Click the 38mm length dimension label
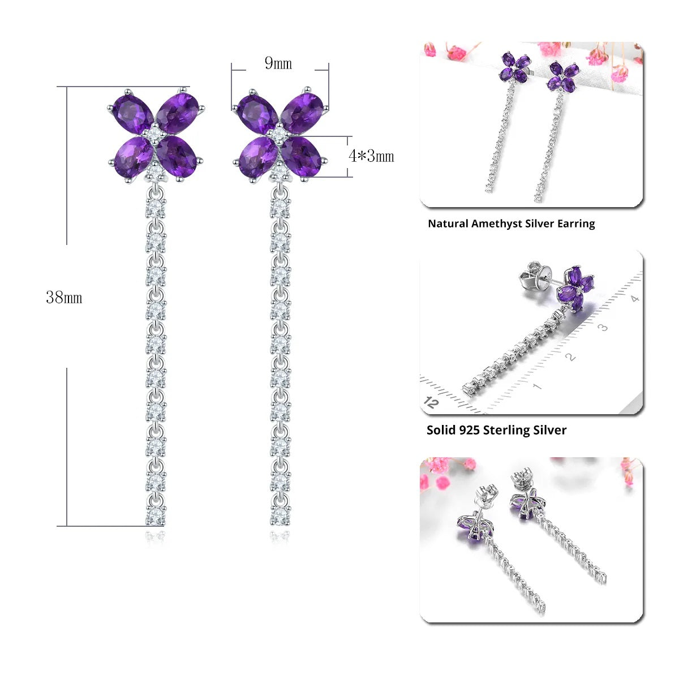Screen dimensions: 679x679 click(64, 298)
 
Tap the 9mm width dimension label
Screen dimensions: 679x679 click(278, 63)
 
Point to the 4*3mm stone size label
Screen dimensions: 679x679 click(371, 156)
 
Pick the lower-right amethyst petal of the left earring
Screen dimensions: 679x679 click(176, 156)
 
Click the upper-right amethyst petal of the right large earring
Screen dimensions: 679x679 click(302, 113)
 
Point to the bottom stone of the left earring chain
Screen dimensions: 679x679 click(156, 517)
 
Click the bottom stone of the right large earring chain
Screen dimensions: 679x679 click(280, 517)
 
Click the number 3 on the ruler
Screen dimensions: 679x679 click(603, 328)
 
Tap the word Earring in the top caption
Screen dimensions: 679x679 click(576, 224)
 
